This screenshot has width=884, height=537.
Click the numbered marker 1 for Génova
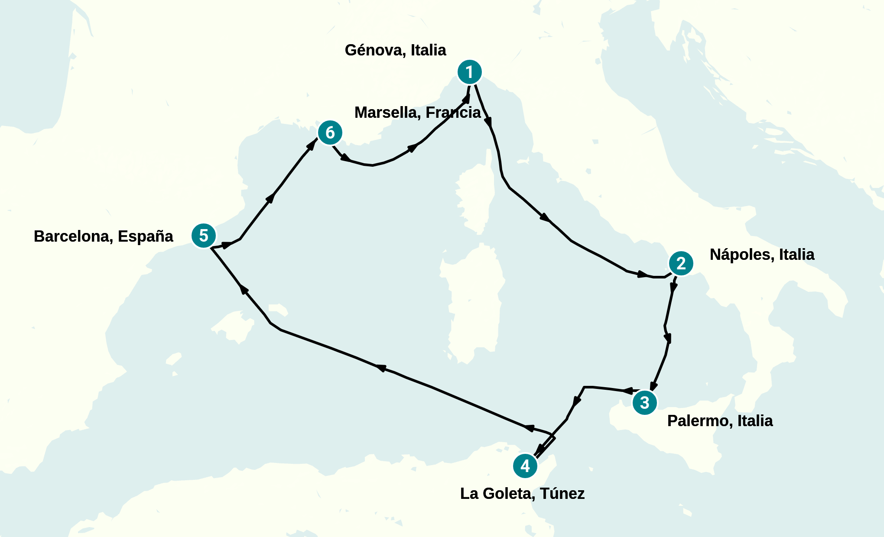pyautogui.click(x=470, y=72)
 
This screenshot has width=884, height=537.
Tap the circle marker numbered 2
pyautogui.click(x=681, y=263)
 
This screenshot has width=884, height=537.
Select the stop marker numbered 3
pyautogui.click(x=645, y=403)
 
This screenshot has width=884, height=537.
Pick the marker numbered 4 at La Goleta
pyautogui.click(x=525, y=466)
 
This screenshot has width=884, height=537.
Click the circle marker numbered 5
pyautogui.click(x=204, y=236)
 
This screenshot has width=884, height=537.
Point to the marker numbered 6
pyautogui.click(x=330, y=133)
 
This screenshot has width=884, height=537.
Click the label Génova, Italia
pyautogui.click(x=395, y=50)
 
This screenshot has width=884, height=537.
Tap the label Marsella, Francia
pyautogui.click(x=417, y=113)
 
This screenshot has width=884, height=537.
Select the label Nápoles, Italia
pyautogui.click(x=762, y=255)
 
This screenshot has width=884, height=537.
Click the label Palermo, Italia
pyautogui.click(x=720, y=421)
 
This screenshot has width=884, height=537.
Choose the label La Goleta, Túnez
pyautogui.click(x=522, y=494)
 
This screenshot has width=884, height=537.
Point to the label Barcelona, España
pyautogui.click(x=103, y=236)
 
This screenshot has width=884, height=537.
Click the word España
pyautogui.click(x=145, y=236)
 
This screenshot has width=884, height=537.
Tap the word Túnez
pyautogui.click(x=562, y=494)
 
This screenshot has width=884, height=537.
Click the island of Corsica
pyautogui.click(x=474, y=199)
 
